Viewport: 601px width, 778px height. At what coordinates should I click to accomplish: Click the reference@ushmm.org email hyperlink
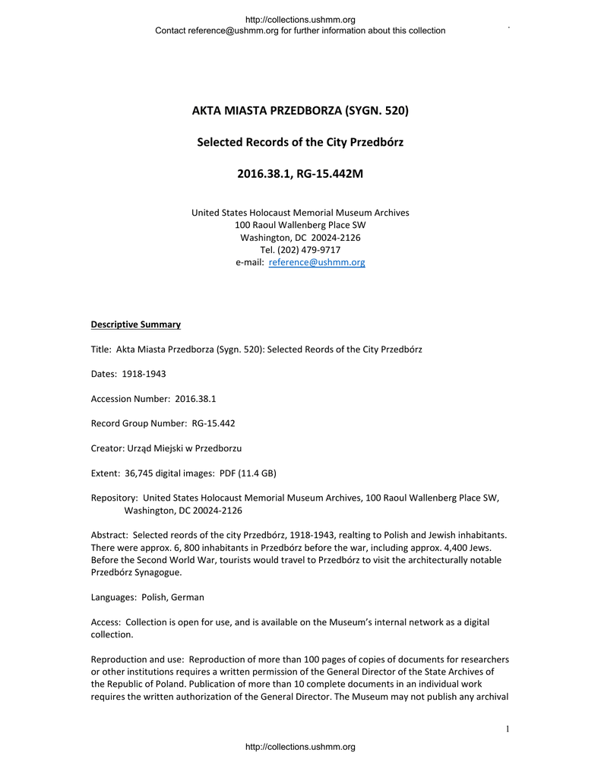(317, 263)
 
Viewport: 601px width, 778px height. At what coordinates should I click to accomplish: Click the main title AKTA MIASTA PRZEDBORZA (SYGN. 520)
(300, 111)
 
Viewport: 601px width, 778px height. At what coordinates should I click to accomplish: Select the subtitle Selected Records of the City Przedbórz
(300, 142)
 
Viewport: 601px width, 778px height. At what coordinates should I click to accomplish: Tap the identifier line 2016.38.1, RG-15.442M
(300, 174)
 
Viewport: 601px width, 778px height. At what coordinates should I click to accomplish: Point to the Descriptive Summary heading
(136, 324)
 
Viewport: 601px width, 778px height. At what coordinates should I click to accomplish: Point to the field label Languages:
(114, 597)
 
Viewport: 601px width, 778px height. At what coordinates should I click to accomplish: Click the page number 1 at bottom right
(507, 730)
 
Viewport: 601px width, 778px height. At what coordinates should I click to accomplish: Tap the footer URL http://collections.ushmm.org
(300, 748)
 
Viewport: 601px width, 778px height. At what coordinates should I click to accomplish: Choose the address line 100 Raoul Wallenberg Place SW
(300, 225)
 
